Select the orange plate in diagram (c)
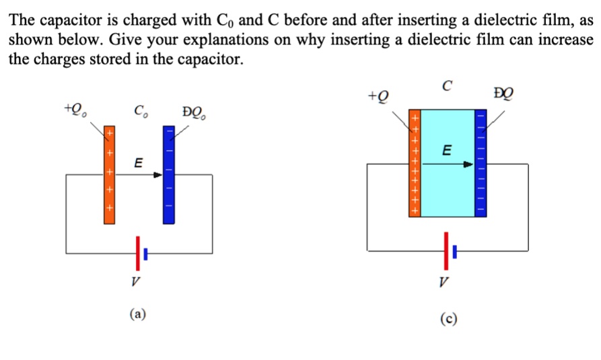pos(415,163)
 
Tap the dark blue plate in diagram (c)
pos(480,163)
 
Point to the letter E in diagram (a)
pos(139,163)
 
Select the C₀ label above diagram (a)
pos(140,110)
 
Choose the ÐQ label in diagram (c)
pos(503,93)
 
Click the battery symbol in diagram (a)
pos(141,253)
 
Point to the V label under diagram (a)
pos(135,281)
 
